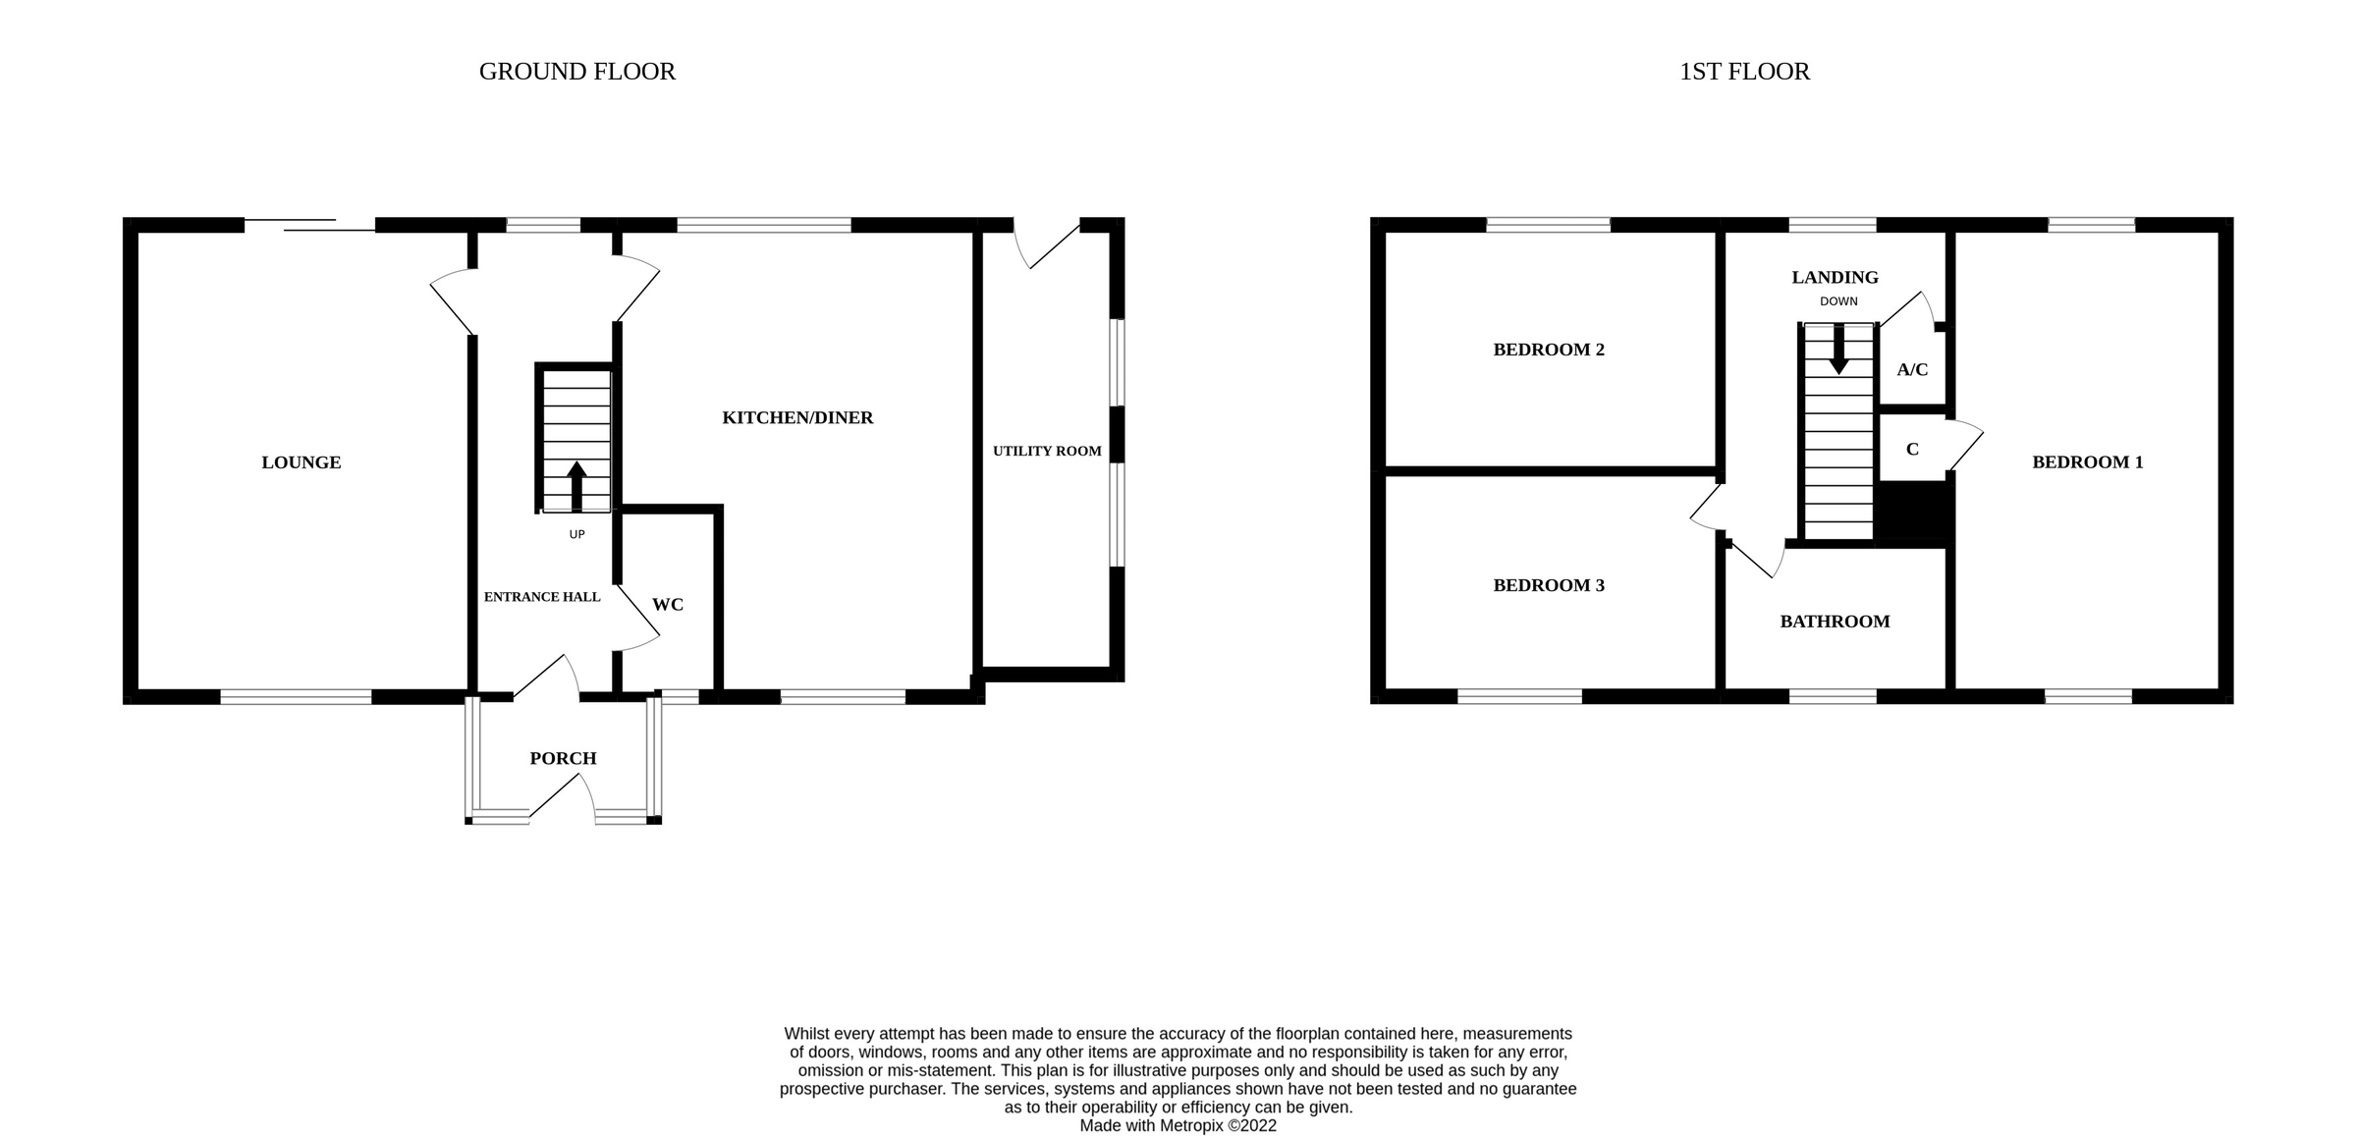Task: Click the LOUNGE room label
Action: click(301, 462)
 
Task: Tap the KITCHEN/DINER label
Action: click(797, 418)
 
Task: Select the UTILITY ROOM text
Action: click(1047, 452)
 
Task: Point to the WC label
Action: click(668, 605)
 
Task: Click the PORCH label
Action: click(563, 758)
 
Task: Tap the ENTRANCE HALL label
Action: click(542, 597)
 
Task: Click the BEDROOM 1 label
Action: click(2087, 462)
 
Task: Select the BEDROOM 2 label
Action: click(1549, 350)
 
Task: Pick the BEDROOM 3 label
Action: click(1549, 585)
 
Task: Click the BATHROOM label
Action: click(1835, 622)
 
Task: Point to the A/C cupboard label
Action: click(1912, 370)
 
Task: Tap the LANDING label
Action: click(1835, 278)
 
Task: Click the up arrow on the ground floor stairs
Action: click(576, 486)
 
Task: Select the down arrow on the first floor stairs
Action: click(1838, 350)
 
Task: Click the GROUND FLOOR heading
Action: click(577, 72)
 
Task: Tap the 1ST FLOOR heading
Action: click(1744, 72)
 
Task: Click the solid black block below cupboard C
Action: click(1913, 513)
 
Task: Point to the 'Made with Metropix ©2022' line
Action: click(1178, 1125)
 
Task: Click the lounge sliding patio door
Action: click(309, 225)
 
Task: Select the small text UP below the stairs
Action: click(576, 534)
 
